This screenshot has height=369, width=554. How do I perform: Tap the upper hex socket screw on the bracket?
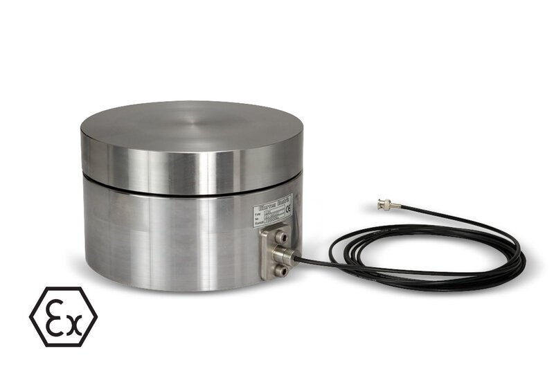[x=282, y=239]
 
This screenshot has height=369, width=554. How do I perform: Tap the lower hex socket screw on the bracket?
[x=281, y=271]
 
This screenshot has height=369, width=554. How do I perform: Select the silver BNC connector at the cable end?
[x=384, y=204]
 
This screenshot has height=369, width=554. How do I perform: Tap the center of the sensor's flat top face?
[x=192, y=128]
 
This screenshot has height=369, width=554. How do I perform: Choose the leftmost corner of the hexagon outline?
[x=30, y=316]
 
